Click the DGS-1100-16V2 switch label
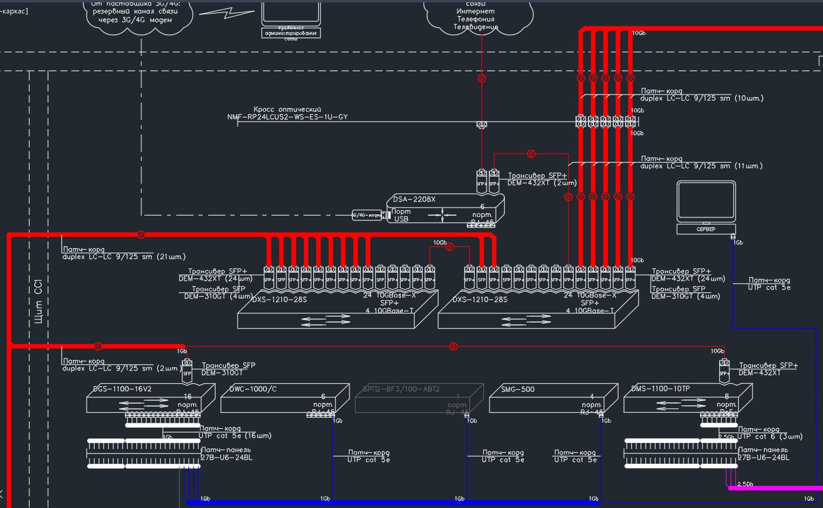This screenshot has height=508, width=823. pos(121,389)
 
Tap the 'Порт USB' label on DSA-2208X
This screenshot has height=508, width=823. pos(401,215)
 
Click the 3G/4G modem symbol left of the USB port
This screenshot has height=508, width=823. pos(367,215)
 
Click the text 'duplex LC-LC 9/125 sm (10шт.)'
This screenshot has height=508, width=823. pos(702,98)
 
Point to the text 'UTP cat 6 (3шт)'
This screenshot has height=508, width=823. pos(770,436)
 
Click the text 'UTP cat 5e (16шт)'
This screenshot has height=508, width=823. pos(235,436)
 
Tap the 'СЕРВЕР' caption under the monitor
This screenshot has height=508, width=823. pos(706,229)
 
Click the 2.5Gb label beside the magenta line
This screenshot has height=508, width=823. pos(746,484)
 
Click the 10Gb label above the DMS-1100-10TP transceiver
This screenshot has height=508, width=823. pos(717,351)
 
